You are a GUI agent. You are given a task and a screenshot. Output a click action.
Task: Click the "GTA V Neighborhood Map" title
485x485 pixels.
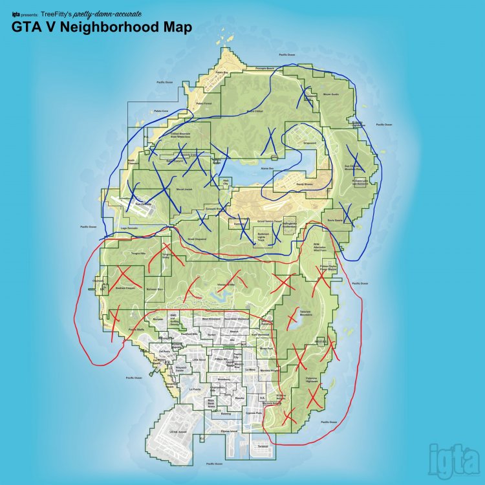(101, 28)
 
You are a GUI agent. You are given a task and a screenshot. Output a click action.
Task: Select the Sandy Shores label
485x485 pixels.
(304, 185)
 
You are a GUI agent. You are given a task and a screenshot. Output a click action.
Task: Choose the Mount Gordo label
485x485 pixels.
(330, 94)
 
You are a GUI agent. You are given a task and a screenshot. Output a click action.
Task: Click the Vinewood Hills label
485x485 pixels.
(225, 284)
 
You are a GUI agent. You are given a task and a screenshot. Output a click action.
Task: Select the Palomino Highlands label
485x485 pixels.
(312, 380)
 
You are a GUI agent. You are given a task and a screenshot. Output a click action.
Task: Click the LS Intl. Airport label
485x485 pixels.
(178, 431)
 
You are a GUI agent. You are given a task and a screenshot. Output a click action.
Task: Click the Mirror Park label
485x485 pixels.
(266, 349)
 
